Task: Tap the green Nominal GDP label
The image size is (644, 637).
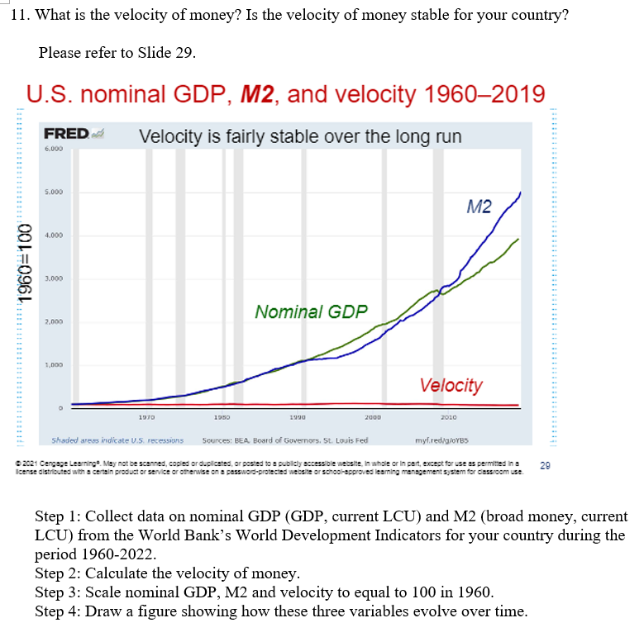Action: click(x=311, y=311)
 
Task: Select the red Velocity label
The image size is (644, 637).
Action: click(x=451, y=385)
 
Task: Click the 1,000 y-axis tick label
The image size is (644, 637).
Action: click(x=55, y=364)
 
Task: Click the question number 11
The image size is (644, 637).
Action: click(x=22, y=17)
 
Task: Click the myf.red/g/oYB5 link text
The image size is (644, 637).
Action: click(x=450, y=441)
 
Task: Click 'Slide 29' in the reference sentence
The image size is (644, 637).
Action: click(x=169, y=54)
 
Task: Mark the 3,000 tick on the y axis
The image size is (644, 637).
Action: click(x=55, y=279)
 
